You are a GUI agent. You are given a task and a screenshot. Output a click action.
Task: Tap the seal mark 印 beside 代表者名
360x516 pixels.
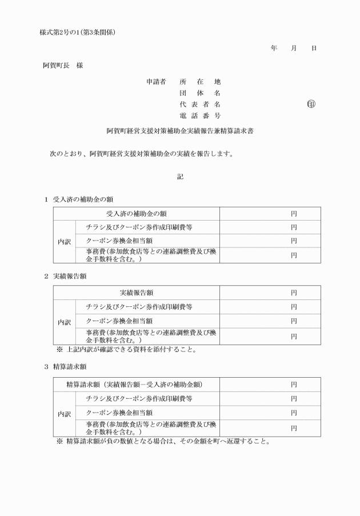[x=311, y=104]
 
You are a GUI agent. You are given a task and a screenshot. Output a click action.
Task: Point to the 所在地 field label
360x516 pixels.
[x=199, y=81]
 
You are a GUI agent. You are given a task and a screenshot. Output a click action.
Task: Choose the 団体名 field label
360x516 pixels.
[x=199, y=93]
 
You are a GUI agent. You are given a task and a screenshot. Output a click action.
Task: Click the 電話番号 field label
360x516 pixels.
[x=199, y=116]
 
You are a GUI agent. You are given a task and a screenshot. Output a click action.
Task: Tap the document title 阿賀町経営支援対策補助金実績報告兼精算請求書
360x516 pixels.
[x=180, y=131]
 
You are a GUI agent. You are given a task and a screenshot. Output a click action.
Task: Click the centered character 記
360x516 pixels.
[x=180, y=177]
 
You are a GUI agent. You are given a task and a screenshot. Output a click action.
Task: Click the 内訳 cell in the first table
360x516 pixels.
[x=65, y=242]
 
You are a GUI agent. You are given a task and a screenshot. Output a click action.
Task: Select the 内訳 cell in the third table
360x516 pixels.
[x=65, y=413]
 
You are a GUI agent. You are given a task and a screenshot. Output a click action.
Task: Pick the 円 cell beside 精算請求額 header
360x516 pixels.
[x=293, y=384]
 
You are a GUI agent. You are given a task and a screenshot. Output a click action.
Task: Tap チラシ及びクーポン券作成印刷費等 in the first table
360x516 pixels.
[x=139, y=227]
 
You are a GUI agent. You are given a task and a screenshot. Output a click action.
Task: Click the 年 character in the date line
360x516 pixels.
[x=274, y=49]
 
